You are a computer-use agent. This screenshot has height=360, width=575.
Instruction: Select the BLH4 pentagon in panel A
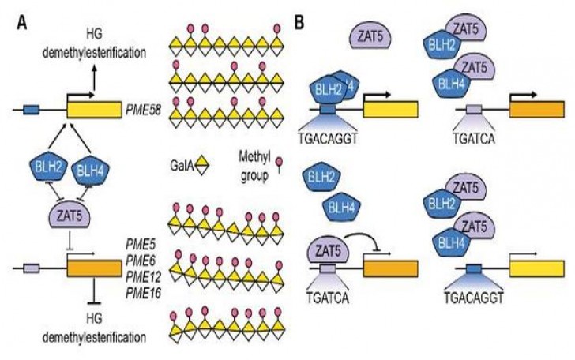point(88,168)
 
